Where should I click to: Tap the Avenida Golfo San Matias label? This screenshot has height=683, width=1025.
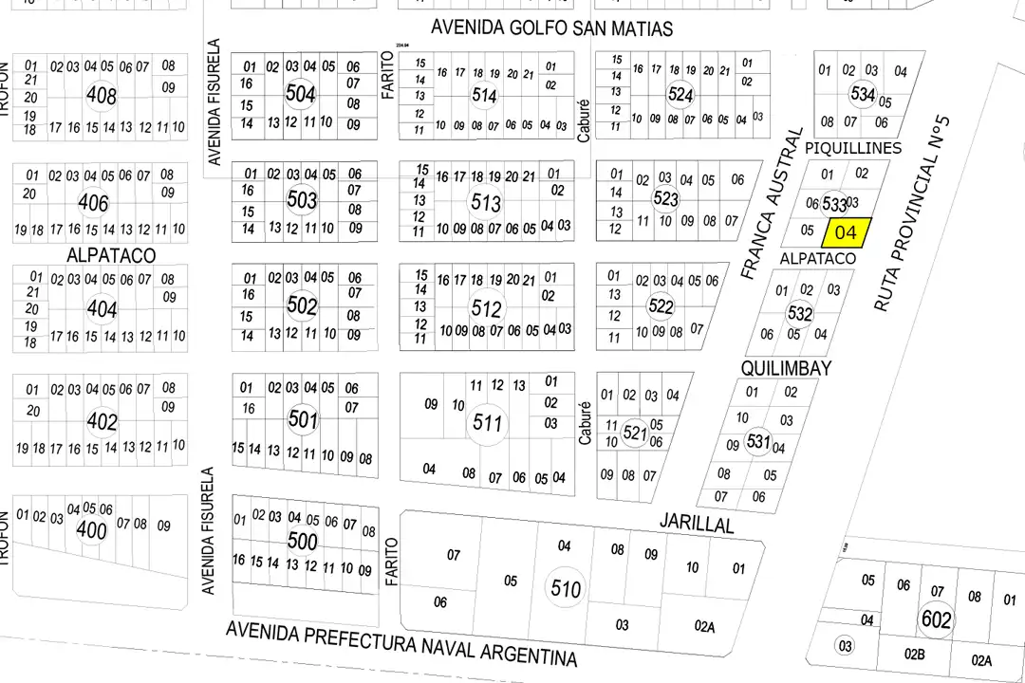click(x=551, y=28)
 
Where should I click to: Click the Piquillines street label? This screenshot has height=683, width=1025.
click(x=852, y=149)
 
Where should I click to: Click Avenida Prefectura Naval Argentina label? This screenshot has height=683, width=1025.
click(x=401, y=644)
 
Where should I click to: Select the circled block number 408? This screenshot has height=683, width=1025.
click(x=101, y=95)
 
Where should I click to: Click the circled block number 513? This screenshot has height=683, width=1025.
click(x=486, y=203)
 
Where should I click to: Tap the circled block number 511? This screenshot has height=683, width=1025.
click(x=487, y=422)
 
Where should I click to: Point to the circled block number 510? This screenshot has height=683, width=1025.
click(x=566, y=588)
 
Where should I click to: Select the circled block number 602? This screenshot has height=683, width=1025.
click(x=936, y=620)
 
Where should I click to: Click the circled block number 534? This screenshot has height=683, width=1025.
click(x=863, y=95)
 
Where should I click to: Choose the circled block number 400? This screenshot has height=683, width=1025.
click(x=91, y=529)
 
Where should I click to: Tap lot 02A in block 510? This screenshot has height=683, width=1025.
click(x=704, y=626)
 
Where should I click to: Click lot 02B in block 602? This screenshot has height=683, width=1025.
click(x=914, y=655)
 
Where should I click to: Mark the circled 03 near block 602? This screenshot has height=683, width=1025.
click(x=844, y=646)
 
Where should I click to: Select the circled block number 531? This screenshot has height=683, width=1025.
click(x=758, y=441)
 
